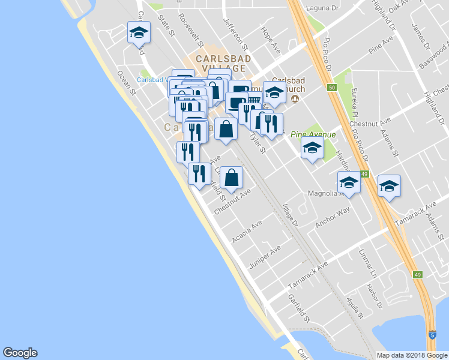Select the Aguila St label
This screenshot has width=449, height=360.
[x=355, y=307]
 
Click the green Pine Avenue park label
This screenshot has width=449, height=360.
[x=313, y=134]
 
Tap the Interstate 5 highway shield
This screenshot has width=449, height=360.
[x=432, y=335]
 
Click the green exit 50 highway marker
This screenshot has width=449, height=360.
[x=331, y=88]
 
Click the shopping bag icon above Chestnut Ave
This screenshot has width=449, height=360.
[x=231, y=178]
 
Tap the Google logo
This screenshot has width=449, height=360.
[x=20, y=353]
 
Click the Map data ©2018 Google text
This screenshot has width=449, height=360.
[x=412, y=355]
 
